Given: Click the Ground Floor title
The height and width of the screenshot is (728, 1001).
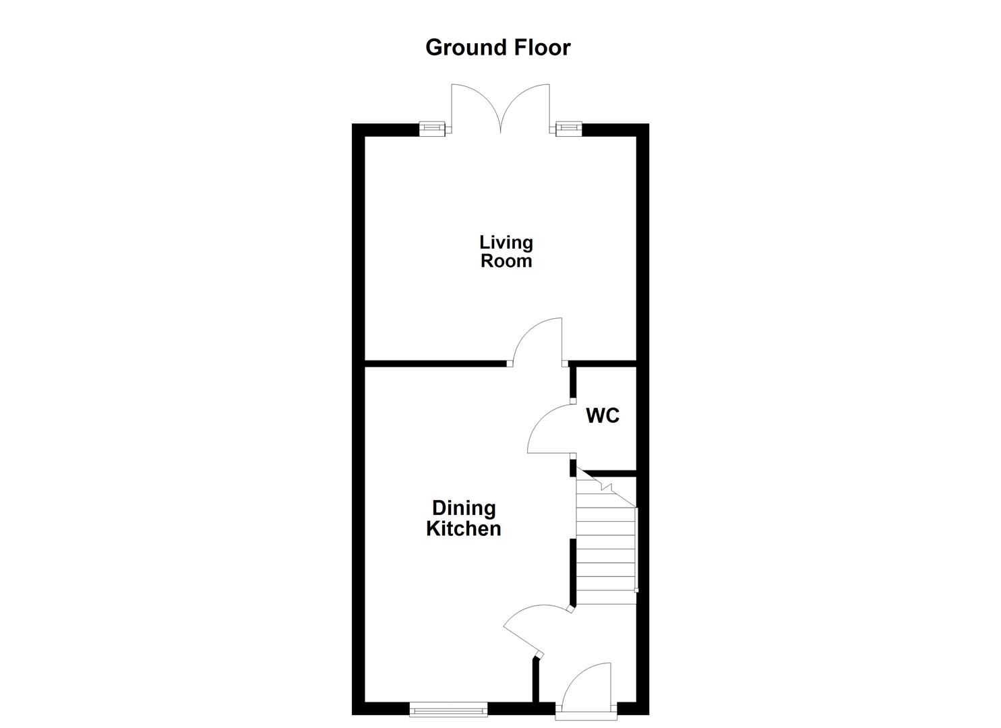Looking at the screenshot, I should tap(497, 47).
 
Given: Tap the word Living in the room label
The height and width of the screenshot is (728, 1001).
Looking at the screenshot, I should tap(506, 242).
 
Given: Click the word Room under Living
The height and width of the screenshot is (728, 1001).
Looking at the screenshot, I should tap(506, 261).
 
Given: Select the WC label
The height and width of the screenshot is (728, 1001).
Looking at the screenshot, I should tap(603, 416).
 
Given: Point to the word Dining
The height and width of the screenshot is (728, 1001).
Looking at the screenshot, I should tap(464, 508).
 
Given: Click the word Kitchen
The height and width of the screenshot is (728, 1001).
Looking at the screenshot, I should tap(464, 528).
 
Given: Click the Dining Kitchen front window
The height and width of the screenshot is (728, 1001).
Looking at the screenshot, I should tap(448, 708).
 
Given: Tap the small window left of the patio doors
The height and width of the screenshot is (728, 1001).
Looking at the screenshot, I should tap(433, 128).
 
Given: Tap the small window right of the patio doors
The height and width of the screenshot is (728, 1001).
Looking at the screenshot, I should tap(569, 128).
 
